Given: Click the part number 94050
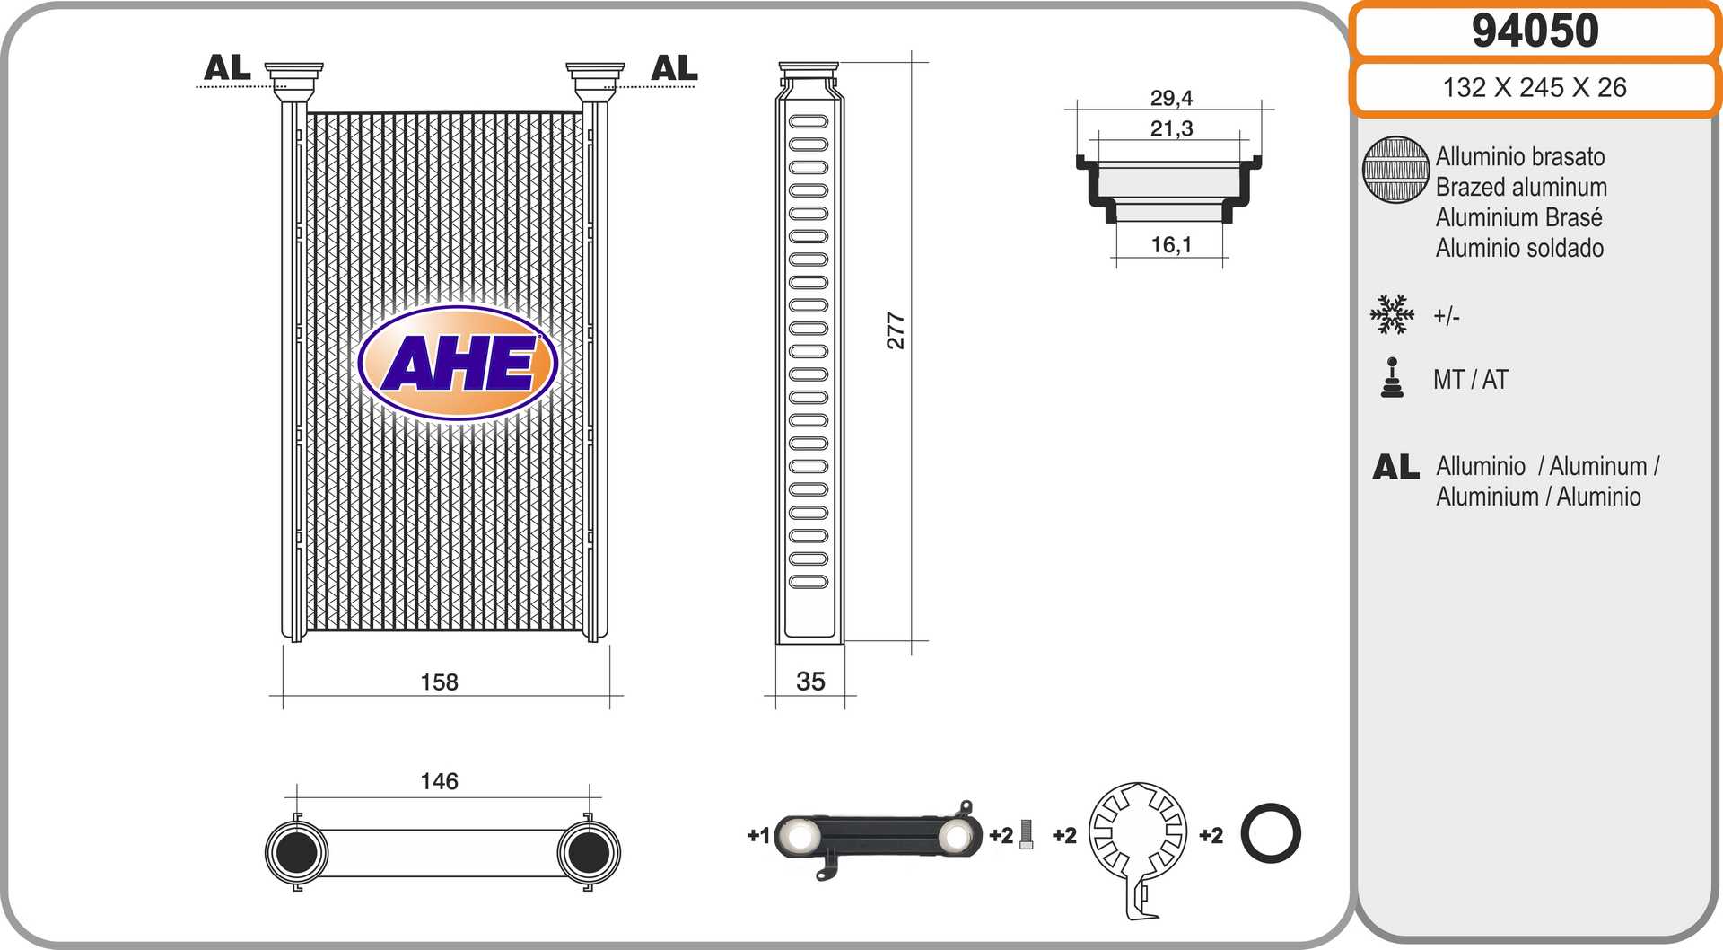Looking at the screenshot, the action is pyautogui.click(x=1535, y=31).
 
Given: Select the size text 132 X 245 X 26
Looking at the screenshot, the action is pyautogui.click(x=1535, y=87).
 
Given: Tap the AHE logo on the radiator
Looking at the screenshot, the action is pyautogui.click(x=458, y=364).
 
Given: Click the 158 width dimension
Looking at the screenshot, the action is pyautogui.click(x=439, y=682).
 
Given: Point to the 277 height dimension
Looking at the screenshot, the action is pyautogui.click(x=896, y=330).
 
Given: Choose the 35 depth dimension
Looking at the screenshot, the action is pyautogui.click(x=810, y=682).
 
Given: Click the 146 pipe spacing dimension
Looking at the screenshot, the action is pyautogui.click(x=439, y=781).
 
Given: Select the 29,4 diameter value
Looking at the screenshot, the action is pyautogui.click(x=1171, y=98).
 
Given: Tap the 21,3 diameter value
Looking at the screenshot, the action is pyautogui.click(x=1171, y=128).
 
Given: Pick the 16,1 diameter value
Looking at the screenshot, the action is pyautogui.click(x=1171, y=244).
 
